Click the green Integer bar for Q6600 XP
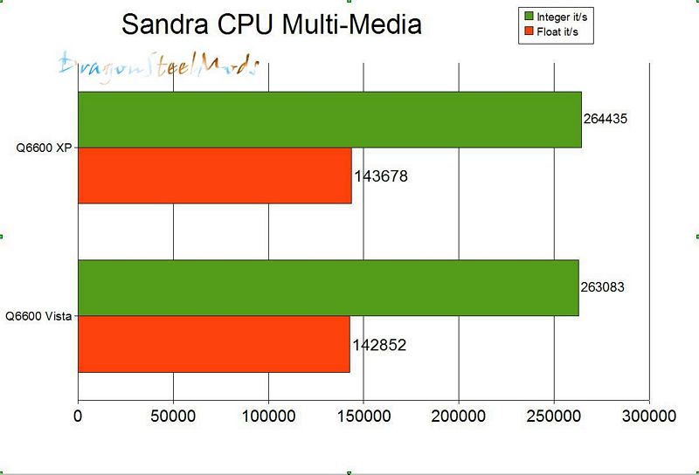[329, 120]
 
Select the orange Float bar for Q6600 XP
[215, 176]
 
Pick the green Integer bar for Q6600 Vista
[328, 288]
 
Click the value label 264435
[606, 120]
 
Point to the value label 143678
[381, 176]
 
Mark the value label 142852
[379, 345]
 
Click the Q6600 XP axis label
[45, 148]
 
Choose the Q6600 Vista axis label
[38, 316]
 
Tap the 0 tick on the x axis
[79, 417]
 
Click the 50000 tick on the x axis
[173, 417]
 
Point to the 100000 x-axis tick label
[268, 417]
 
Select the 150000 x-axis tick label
[363, 417]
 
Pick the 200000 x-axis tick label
[459, 417]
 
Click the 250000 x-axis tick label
[554, 417]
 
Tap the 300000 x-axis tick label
[648, 417]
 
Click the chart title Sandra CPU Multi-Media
[271, 24]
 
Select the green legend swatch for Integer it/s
[529, 17]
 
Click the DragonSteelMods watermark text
[158, 65]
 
